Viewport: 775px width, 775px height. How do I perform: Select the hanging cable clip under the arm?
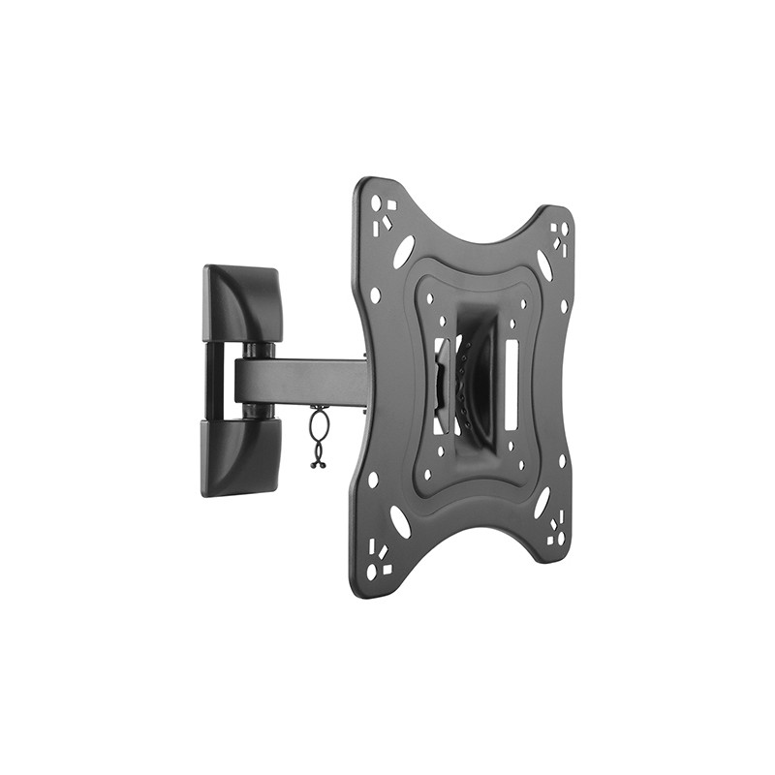(317, 439)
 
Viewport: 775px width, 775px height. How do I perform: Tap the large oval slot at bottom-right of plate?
(542, 503)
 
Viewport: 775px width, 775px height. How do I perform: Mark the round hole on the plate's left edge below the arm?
(373, 479)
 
